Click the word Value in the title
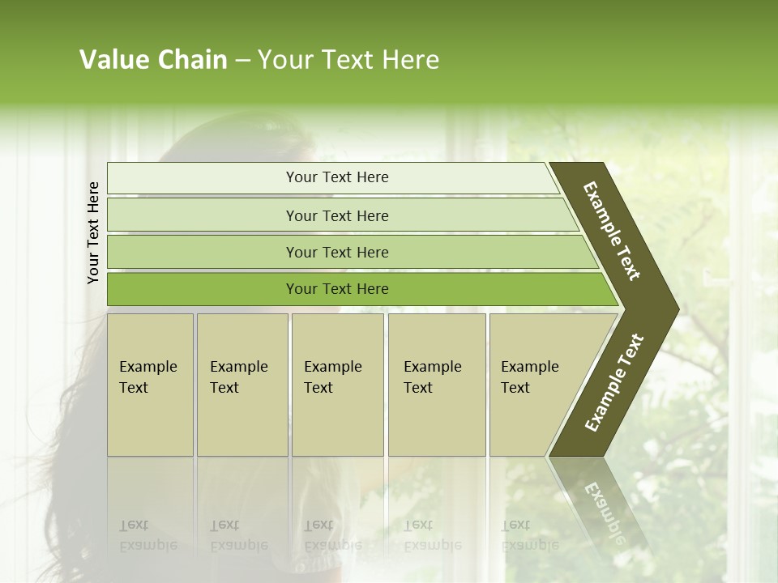tap(113, 60)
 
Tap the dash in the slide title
tap(242, 61)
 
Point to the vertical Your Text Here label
tap(93, 232)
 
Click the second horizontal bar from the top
tap(336, 215)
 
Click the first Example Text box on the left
tap(150, 384)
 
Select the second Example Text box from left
tap(242, 384)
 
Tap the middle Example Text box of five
tap(337, 384)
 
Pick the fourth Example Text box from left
tap(436, 384)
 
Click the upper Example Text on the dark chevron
tap(612, 231)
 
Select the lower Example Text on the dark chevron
tap(613, 383)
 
